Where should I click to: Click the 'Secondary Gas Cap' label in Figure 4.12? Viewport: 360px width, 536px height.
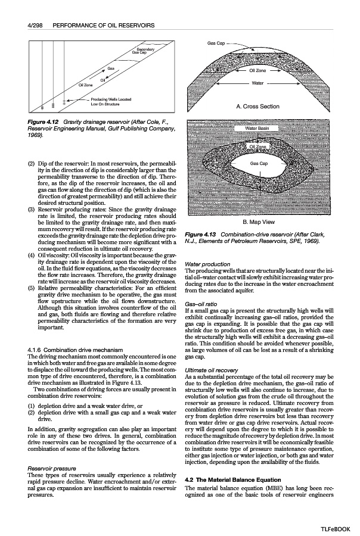tap(145, 51)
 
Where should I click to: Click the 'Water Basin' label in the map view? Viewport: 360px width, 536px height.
tap(257, 129)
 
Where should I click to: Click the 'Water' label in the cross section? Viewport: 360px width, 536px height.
tap(257, 83)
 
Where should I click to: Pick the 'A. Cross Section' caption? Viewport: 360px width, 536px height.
tap(257, 107)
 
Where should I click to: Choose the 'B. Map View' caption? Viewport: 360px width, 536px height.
tap(257, 222)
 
